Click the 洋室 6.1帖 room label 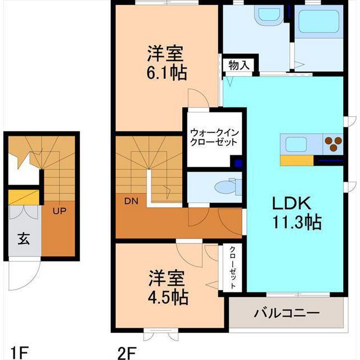coord(166,63)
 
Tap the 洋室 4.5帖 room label coord(168,288)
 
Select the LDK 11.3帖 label coord(296,213)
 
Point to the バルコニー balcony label coord(287,313)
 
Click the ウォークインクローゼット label coord(215,137)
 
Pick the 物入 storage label coord(239,65)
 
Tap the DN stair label coord(131,201)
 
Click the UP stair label coord(59,211)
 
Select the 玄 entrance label coord(24,238)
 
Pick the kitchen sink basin coord(296,144)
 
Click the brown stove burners coord(333,144)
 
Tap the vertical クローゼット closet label coord(233,268)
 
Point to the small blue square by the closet coord(238,164)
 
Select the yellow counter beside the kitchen coord(296,160)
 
